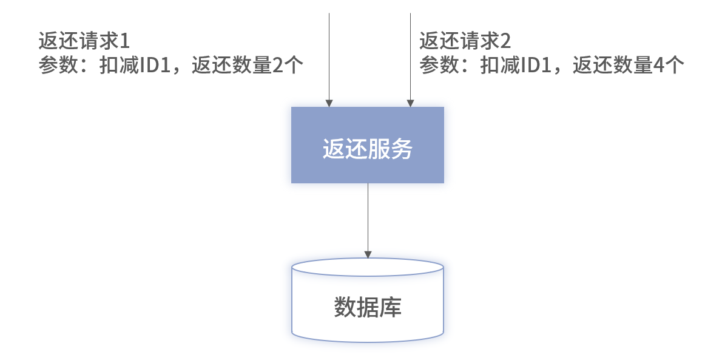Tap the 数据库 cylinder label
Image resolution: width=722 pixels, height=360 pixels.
pyautogui.click(x=367, y=307)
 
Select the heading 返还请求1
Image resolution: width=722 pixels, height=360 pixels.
pyautogui.click(x=84, y=42)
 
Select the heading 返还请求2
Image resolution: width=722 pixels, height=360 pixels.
pyautogui.click(x=465, y=42)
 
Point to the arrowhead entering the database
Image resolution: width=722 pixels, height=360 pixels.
pyautogui.click(x=367, y=254)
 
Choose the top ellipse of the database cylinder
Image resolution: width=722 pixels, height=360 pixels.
pyautogui.click(x=367, y=267)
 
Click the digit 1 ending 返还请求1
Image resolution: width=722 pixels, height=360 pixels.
pyautogui.click(x=125, y=42)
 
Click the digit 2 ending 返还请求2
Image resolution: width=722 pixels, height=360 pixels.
pyautogui.click(x=505, y=42)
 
